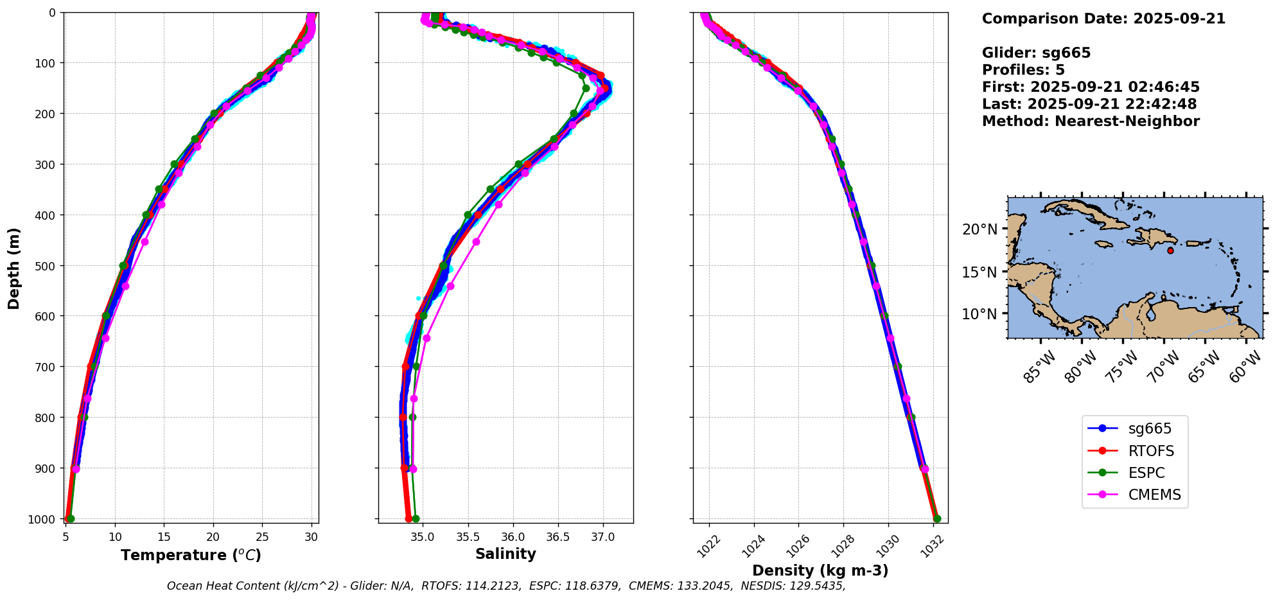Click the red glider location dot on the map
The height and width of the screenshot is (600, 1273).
coord(1170,251)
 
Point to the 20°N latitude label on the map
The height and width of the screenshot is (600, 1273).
coord(979,229)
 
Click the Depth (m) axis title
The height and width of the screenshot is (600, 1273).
coord(13,268)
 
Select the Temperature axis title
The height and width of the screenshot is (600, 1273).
coord(191,555)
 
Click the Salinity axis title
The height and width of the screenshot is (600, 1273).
coord(505,554)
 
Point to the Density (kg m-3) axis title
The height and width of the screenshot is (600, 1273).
coord(820,570)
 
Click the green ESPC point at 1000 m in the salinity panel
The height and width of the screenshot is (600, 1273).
coord(416,518)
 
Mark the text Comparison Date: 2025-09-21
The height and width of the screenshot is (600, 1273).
coord(1103,19)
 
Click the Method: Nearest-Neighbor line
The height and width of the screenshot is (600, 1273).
coord(1091,121)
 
